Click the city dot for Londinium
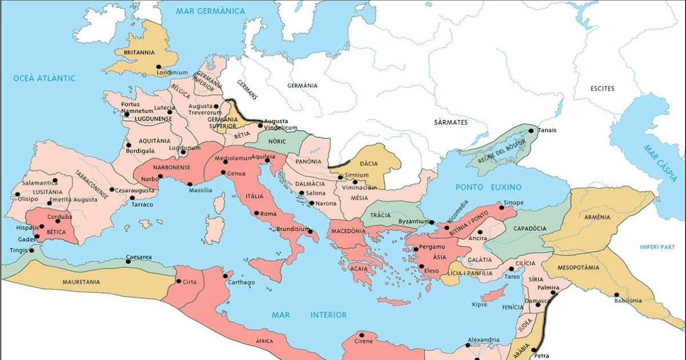(x=158, y=67)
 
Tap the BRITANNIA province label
(x=135, y=53)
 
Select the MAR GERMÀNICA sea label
(x=210, y=11)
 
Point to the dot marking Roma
(x=257, y=214)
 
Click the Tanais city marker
(x=531, y=131)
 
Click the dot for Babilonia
(x=616, y=295)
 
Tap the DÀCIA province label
(x=369, y=163)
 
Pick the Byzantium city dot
(x=432, y=222)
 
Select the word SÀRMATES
(x=450, y=122)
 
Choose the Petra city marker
(x=533, y=350)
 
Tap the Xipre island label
(x=479, y=305)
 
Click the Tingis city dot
(x=31, y=250)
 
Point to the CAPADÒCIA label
(x=530, y=229)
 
